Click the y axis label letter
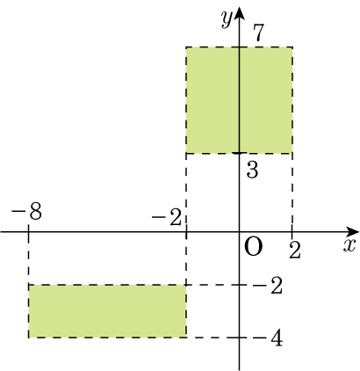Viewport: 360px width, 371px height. click(x=227, y=19)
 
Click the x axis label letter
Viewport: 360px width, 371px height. click(x=349, y=245)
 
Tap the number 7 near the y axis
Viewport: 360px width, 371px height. click(x=259, y=32)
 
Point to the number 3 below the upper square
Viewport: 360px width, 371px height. click(x=252, y=170)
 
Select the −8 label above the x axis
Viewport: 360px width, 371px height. click(x=26, y=211)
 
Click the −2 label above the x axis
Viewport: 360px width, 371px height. click(x=167, y=218)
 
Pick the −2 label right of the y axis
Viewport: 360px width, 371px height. click(x=268, y=286)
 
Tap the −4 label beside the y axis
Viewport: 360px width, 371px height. click(x=268, y=339)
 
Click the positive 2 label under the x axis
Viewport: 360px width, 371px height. click(x=295, y=250)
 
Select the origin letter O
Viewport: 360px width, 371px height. click(x=253, y=247)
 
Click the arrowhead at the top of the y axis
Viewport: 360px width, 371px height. click(x=240, y=14)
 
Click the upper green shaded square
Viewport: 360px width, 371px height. click(x=239, y=100)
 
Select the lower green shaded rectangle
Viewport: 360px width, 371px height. click(x=107, y=311)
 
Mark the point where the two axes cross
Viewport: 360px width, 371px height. click(x=240, y=232)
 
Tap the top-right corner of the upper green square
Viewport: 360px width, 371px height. click(x=292, y=47)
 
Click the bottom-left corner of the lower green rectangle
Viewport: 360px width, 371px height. click(x=28, y=338)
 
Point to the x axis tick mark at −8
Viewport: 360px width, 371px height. click(x=28, y=232)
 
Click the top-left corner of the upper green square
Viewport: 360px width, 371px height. click(x=186, y=47)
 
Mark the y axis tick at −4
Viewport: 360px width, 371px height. click(x=240, y=338)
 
